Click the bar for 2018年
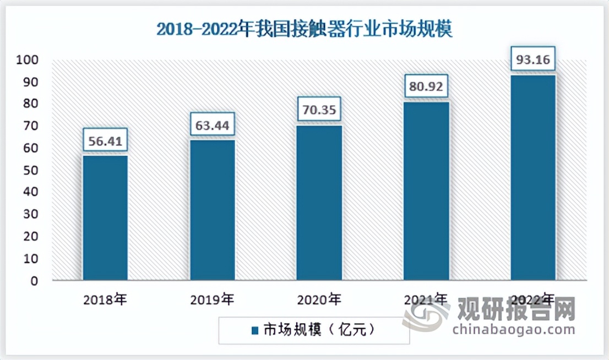[x=105, y=218]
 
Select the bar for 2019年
[x=212, y=210]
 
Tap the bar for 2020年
[x=319, y=203]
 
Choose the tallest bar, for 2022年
[x=533, y=178]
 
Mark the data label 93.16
[x=533, y=58]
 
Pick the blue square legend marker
[x=255, y=330]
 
